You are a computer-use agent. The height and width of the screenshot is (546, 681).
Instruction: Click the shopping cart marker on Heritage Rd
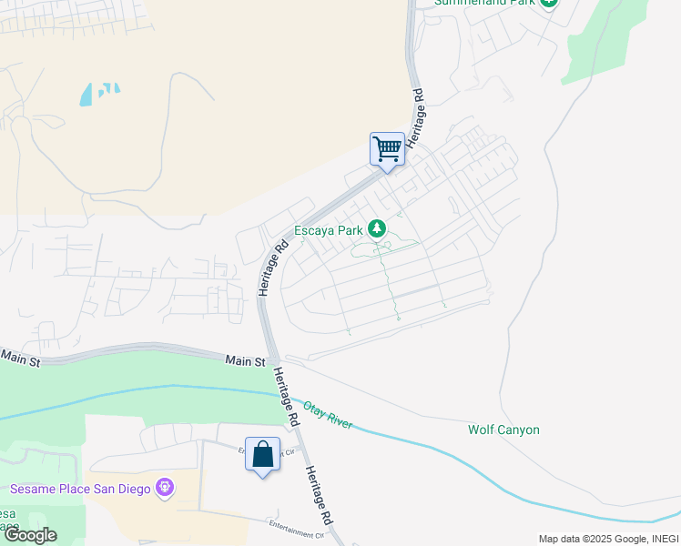click(x=387, y=149)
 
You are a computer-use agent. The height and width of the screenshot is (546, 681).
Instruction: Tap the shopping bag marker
click(x=262, y=454)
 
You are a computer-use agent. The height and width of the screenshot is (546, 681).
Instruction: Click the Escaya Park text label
click(x=328, y=230)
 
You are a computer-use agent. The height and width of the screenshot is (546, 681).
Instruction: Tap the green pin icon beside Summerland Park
click(x=548, y=3)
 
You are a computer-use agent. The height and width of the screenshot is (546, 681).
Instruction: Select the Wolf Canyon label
click(x=503, y=430)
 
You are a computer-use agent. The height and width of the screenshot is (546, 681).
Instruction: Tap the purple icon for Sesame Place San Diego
click(x=165, y=489)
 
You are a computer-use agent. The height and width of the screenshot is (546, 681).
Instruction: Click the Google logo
click(x=29, y=535)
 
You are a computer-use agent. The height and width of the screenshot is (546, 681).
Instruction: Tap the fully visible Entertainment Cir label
click(x=296, y=525)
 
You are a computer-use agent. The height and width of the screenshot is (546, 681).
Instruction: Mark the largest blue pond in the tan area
click(x=86, y=94)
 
